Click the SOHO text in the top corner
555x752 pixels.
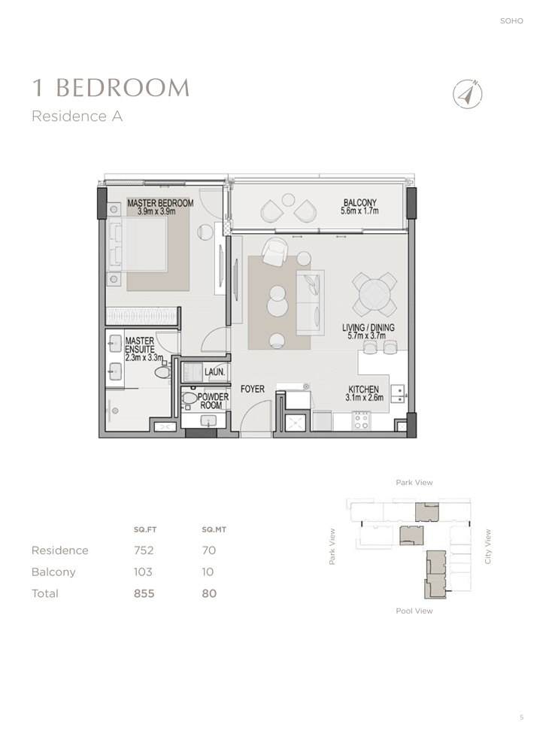click(511, 21)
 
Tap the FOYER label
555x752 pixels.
click(252, 389)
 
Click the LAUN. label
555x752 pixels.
click(215, 371)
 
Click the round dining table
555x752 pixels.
click(376, 295)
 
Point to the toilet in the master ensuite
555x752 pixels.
click(163, 371)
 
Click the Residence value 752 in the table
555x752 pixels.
click(143, 550)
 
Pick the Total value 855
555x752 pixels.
click(144, 593)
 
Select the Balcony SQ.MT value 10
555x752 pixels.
click(208, 572)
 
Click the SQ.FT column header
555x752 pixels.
click(143, 529)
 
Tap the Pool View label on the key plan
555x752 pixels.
click(414, 611)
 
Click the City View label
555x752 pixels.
click(488, 547)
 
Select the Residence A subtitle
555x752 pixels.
click(77, 117)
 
